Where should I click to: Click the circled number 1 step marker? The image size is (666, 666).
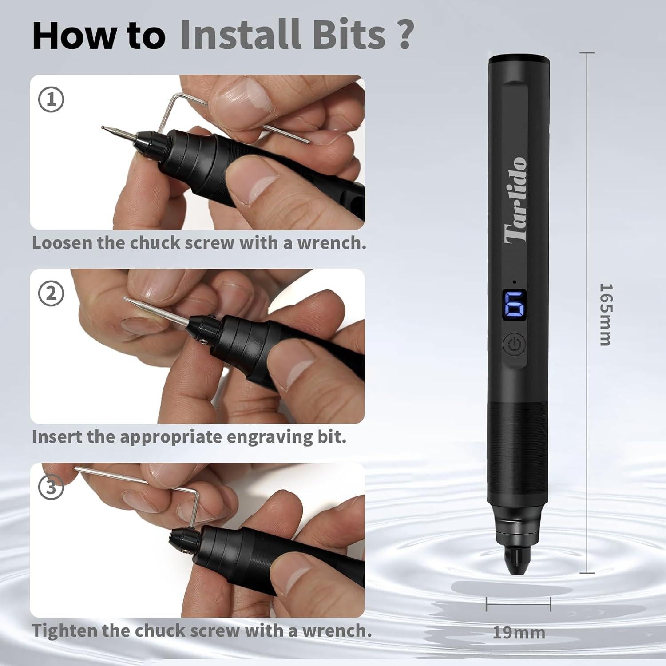(x=52, y=100)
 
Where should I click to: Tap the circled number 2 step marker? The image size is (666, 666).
(x=52, y=294)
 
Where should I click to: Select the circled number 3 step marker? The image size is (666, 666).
(x=52, y=488)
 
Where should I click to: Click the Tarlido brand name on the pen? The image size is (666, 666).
(x=517, y=200)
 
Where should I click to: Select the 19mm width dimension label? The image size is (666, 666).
(x=519, y=632)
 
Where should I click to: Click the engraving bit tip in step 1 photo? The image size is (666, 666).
(x=103, y=128)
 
